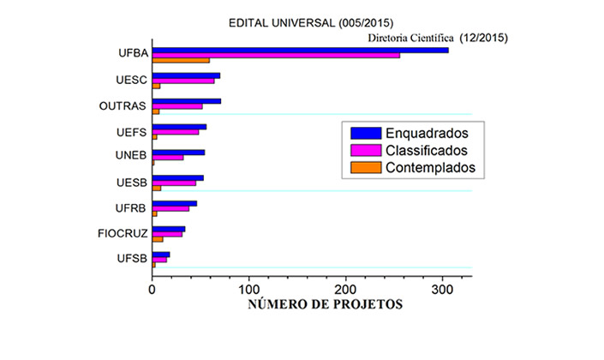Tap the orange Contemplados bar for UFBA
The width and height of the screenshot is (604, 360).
[181, 60]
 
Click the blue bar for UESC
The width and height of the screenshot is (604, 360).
[186, 75]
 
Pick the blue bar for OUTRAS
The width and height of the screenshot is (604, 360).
[187, 101]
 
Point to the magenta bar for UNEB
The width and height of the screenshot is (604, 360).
[168, 158]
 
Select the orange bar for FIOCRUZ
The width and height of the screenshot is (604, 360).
[158, 239]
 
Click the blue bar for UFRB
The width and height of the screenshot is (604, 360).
[175, 203]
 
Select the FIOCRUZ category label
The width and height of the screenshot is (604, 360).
[124, 233]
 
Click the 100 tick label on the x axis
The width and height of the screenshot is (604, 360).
[249, 289]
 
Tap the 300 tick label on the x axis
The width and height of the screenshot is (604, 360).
[443, 289]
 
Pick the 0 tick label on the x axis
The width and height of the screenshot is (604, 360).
[152, 289]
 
